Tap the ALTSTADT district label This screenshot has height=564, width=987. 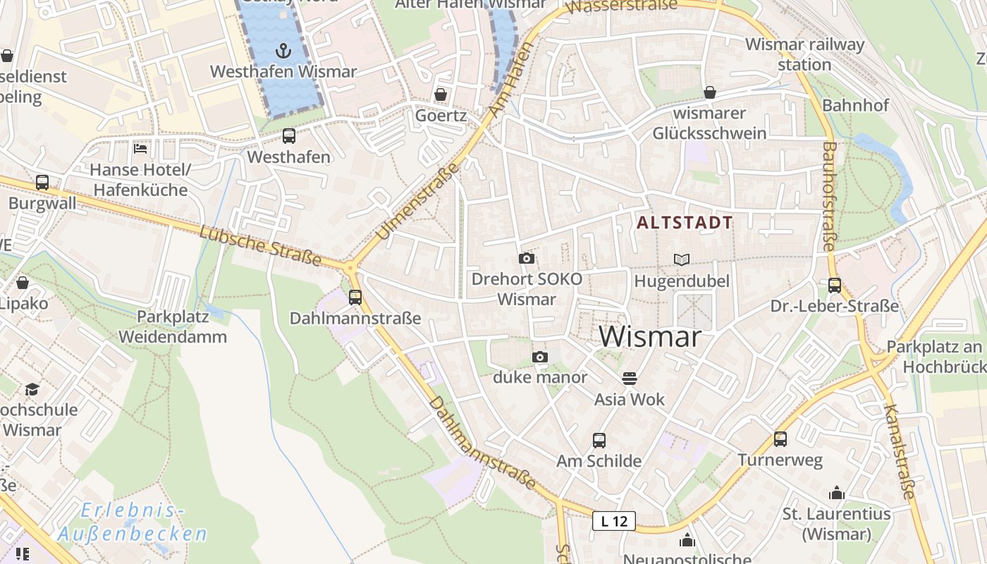(685, 223)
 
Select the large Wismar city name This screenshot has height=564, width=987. (651, 336)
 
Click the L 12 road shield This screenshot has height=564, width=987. (613, 521)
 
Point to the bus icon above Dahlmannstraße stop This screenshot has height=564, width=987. (355, 297)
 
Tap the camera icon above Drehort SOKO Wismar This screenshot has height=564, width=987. (526, 258)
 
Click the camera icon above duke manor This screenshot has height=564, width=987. (540, 357)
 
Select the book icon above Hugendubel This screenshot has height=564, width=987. (681, 259)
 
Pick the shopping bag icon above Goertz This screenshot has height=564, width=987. (441, 94)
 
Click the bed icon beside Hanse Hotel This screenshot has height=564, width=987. (140, 149)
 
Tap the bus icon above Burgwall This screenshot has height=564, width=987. (42, 182)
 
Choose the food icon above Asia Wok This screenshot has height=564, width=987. (630, 379)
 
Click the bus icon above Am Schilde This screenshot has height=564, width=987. (599, 441)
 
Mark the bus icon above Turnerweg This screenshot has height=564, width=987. (780, 439)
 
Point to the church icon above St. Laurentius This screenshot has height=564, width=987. (837, 492)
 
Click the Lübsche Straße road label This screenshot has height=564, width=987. (260, 246)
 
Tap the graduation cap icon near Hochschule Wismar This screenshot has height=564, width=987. (32, 389)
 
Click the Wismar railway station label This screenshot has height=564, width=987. (804, 54)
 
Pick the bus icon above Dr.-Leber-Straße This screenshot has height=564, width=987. (835, 285)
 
